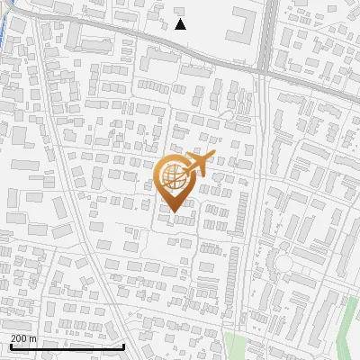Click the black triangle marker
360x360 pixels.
pos(180,24)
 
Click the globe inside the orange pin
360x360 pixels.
pos(174,178)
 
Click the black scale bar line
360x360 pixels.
pos(67,346)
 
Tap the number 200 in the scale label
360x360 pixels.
pos(18,338)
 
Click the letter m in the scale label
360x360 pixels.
pos(33,338)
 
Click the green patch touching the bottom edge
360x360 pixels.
pos(236,347)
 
